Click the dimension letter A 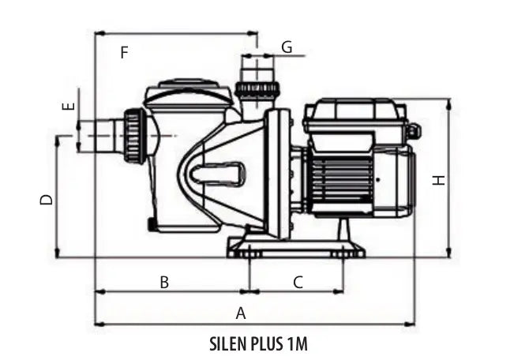point(242,313)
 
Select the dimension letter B point(164,282)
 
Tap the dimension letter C point(298,282)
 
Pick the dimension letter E point(68,106)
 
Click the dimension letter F point(124,53)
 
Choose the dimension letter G point(287,47)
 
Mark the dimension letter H point(439,180)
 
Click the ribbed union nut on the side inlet point(134,136)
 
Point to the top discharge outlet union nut point(257,89)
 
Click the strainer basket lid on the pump point(187,92)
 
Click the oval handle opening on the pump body point(213,170)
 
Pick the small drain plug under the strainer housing point(150,224)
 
